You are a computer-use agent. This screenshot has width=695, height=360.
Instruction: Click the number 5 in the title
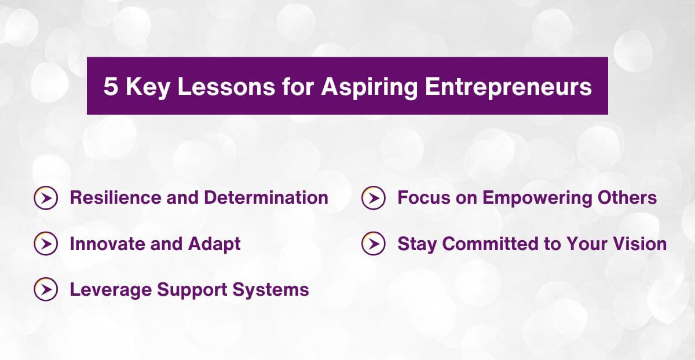click(110, 87)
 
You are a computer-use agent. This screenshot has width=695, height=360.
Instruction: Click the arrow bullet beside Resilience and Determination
click(46, 198)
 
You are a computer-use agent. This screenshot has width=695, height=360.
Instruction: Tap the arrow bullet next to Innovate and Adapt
click(46, 244)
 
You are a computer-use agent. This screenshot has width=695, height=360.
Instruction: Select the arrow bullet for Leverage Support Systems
click(46, 289)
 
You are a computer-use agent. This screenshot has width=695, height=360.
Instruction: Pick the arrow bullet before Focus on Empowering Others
click(373, 198)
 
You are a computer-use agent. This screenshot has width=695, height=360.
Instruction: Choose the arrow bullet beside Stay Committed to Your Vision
click(373, 244)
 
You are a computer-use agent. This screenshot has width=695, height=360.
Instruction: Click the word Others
click(630, 198)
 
